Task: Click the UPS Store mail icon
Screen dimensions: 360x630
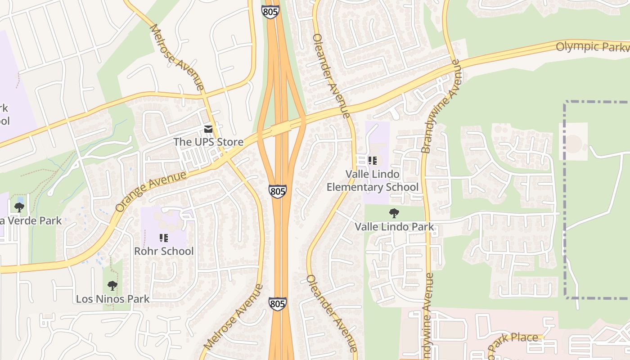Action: click(208, 129)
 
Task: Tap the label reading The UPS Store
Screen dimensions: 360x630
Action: click(208, 142)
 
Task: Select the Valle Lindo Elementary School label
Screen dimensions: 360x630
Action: click(372, 180)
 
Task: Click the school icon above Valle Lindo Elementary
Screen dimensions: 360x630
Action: click(372, 161)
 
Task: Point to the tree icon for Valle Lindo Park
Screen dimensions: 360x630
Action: click(394, 213)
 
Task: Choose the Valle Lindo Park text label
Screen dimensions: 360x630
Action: click(394, 227)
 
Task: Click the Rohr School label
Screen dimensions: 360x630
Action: click(164, 251)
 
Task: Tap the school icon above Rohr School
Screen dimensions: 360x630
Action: click(164, 238)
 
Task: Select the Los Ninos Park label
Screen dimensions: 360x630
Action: click(112, 299)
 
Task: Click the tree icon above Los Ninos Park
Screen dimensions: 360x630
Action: click(112, 285)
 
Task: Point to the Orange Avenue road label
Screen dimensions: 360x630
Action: click(150, 191)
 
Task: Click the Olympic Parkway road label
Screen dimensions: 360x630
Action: click(592, 47)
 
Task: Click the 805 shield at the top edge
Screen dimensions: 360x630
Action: click(270, 12)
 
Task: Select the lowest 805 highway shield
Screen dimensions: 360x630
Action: click(278, 303)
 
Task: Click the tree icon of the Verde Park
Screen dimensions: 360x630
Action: click(19, 207)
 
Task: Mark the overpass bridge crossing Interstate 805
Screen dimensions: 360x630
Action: click(281, 129)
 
